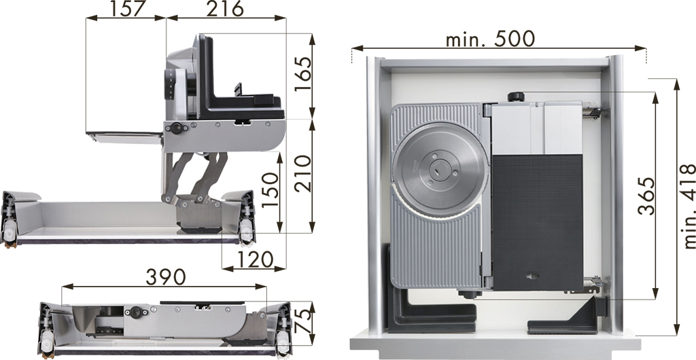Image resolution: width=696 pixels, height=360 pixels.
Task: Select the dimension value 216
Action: pyautogui.click(x=224, y=8)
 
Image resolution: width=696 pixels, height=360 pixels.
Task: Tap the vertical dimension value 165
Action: pyautogui.click(x=303, y=73)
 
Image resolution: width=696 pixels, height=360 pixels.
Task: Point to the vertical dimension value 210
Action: pyautogui.click(x=303, y=173)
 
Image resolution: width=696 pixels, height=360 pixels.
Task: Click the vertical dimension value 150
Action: pyautogui.click(x=270, y=190)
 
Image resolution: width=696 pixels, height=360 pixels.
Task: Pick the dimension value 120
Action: pyautogui.click(x=254, y=259)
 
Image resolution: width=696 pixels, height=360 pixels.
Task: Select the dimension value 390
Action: pyautogui.click(x=166, y=277)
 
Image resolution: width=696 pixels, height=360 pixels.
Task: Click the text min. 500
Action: pyautogui.click(x=490, y=39)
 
